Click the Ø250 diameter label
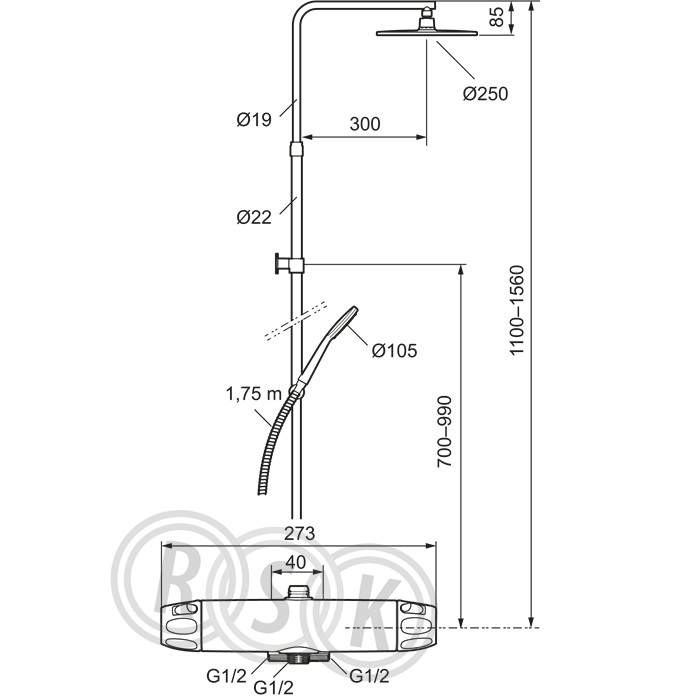pos(485,93)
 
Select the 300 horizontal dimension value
pos(367,124)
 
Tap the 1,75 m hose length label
pos(254,392)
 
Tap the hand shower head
pos(344,319)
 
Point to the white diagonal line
pos(296,321)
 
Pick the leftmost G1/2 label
pos(225,676)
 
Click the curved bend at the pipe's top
pos(304,14)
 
